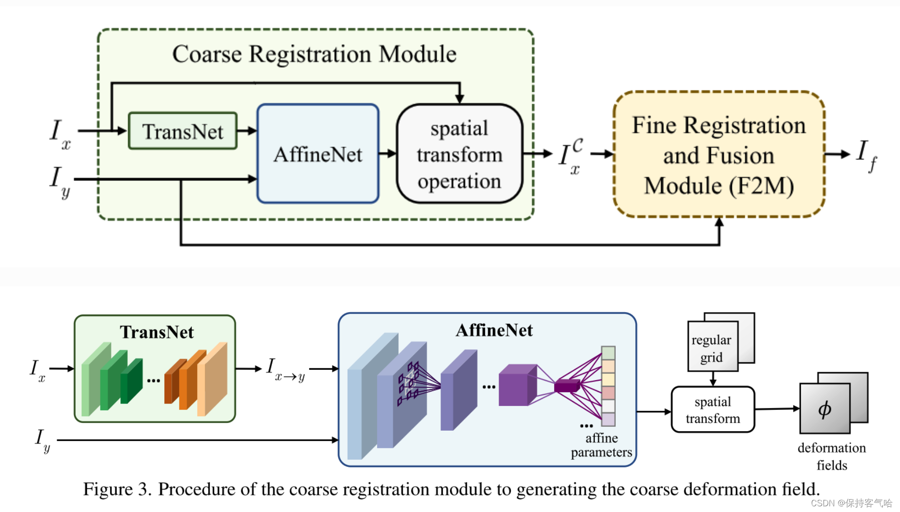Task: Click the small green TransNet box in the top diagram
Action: (183, 131)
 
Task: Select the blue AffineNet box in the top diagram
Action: (318, 154)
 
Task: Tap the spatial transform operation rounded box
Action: (460, 154)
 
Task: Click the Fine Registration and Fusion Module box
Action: (719, 155)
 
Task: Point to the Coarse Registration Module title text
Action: (314, 54)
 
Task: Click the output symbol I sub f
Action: (866, 155)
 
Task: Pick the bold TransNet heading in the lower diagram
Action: (157, 332)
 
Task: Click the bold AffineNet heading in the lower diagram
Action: (494, 330)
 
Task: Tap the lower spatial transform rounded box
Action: (713, 410)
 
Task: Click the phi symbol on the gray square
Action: (825, 409)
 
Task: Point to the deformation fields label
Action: (831, 456)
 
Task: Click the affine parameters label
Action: (601, 445)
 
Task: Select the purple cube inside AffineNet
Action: (517, 385)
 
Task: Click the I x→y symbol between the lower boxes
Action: (285, 370)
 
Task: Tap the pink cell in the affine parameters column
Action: (608, 393)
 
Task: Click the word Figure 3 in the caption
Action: (117, 489)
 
